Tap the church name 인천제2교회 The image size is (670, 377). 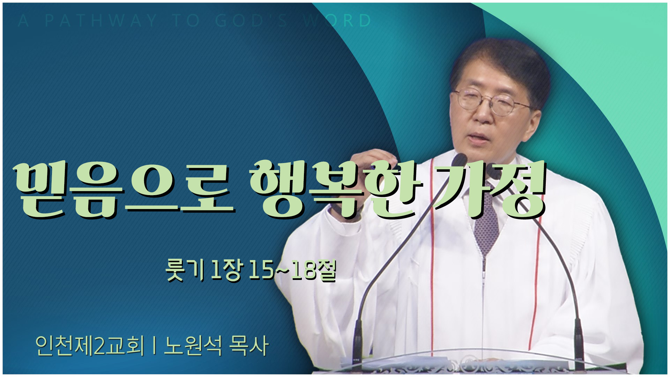click(90, 346)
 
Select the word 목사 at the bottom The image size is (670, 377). click(249, 346)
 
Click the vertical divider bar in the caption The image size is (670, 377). click(154, 346)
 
